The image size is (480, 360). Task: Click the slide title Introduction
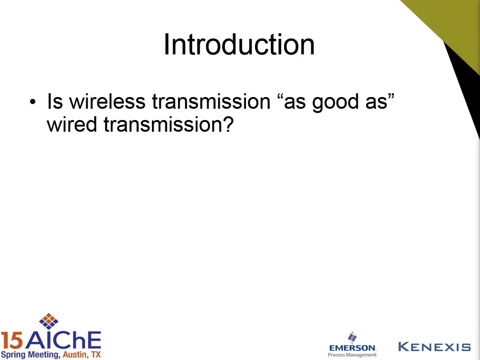239,45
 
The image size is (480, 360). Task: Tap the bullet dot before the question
33,102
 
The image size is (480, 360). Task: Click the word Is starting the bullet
55,101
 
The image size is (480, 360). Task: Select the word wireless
107,101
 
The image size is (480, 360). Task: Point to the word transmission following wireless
211,101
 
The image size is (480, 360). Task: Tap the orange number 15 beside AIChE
12,341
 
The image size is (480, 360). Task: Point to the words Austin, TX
82,355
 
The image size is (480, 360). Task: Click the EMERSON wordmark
352,348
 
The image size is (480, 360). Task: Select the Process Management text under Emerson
352,355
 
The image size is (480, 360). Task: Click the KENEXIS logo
435,347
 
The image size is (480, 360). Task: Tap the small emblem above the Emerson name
352,337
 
